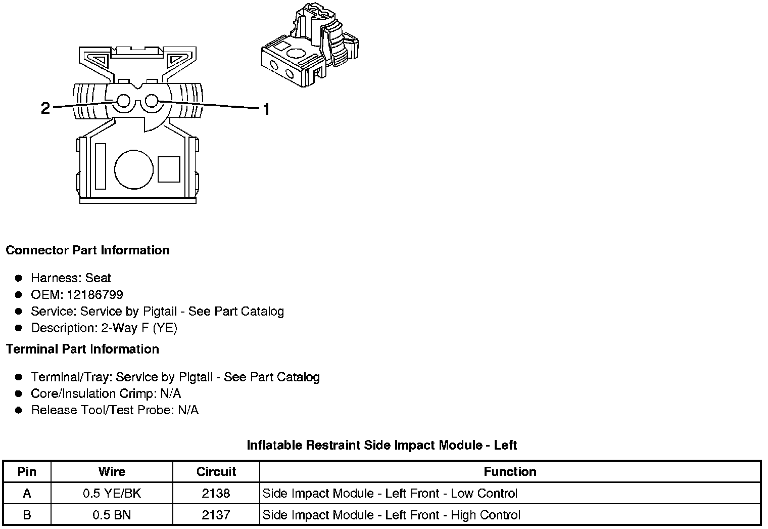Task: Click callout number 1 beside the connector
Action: pos(266,109)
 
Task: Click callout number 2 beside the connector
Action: pos(45,108)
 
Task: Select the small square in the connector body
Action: pos(169,169)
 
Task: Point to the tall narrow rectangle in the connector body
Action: pos(101,166)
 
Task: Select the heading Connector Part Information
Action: pos(87,250)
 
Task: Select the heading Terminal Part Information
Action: pos(82,349)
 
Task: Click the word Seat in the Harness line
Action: pos(98,278)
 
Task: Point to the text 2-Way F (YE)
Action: pos(139,328)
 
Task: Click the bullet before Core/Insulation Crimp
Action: pos(19,394)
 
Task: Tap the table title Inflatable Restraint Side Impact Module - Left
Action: pos(382,445)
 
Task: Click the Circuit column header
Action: pos(216,472)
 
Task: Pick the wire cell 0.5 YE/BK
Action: pos(112,494)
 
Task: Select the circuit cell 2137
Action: pos(216,515)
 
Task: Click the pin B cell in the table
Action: pos(27,515)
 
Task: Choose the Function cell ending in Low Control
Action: pos(390,494)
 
